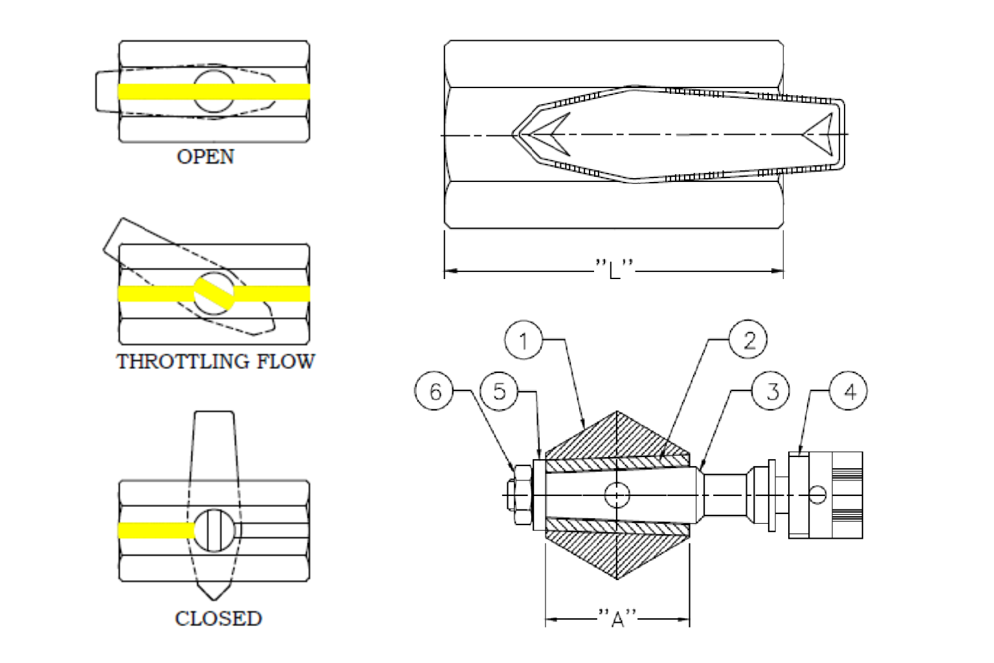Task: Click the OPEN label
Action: coord(205,157)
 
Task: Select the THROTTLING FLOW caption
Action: coord(215,361)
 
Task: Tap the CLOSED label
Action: coord(218,618)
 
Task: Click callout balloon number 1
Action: coord(524,340)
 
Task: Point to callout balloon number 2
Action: coord(748,340)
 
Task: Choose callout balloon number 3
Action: coord(771,391)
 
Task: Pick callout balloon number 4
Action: coord(848,391)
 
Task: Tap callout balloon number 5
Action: coord(499,391)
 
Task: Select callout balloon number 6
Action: coord(434,391)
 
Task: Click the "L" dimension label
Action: coord(614,269)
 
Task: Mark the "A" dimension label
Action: coord(617,618)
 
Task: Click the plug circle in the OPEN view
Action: coord(214,91)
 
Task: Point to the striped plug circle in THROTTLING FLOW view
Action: coord(214,294)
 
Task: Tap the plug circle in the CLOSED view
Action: coord(214,531)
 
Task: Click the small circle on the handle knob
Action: coord(817,495)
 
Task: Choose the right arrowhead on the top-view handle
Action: coord(819,135)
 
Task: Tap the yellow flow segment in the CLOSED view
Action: coord(156,531)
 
